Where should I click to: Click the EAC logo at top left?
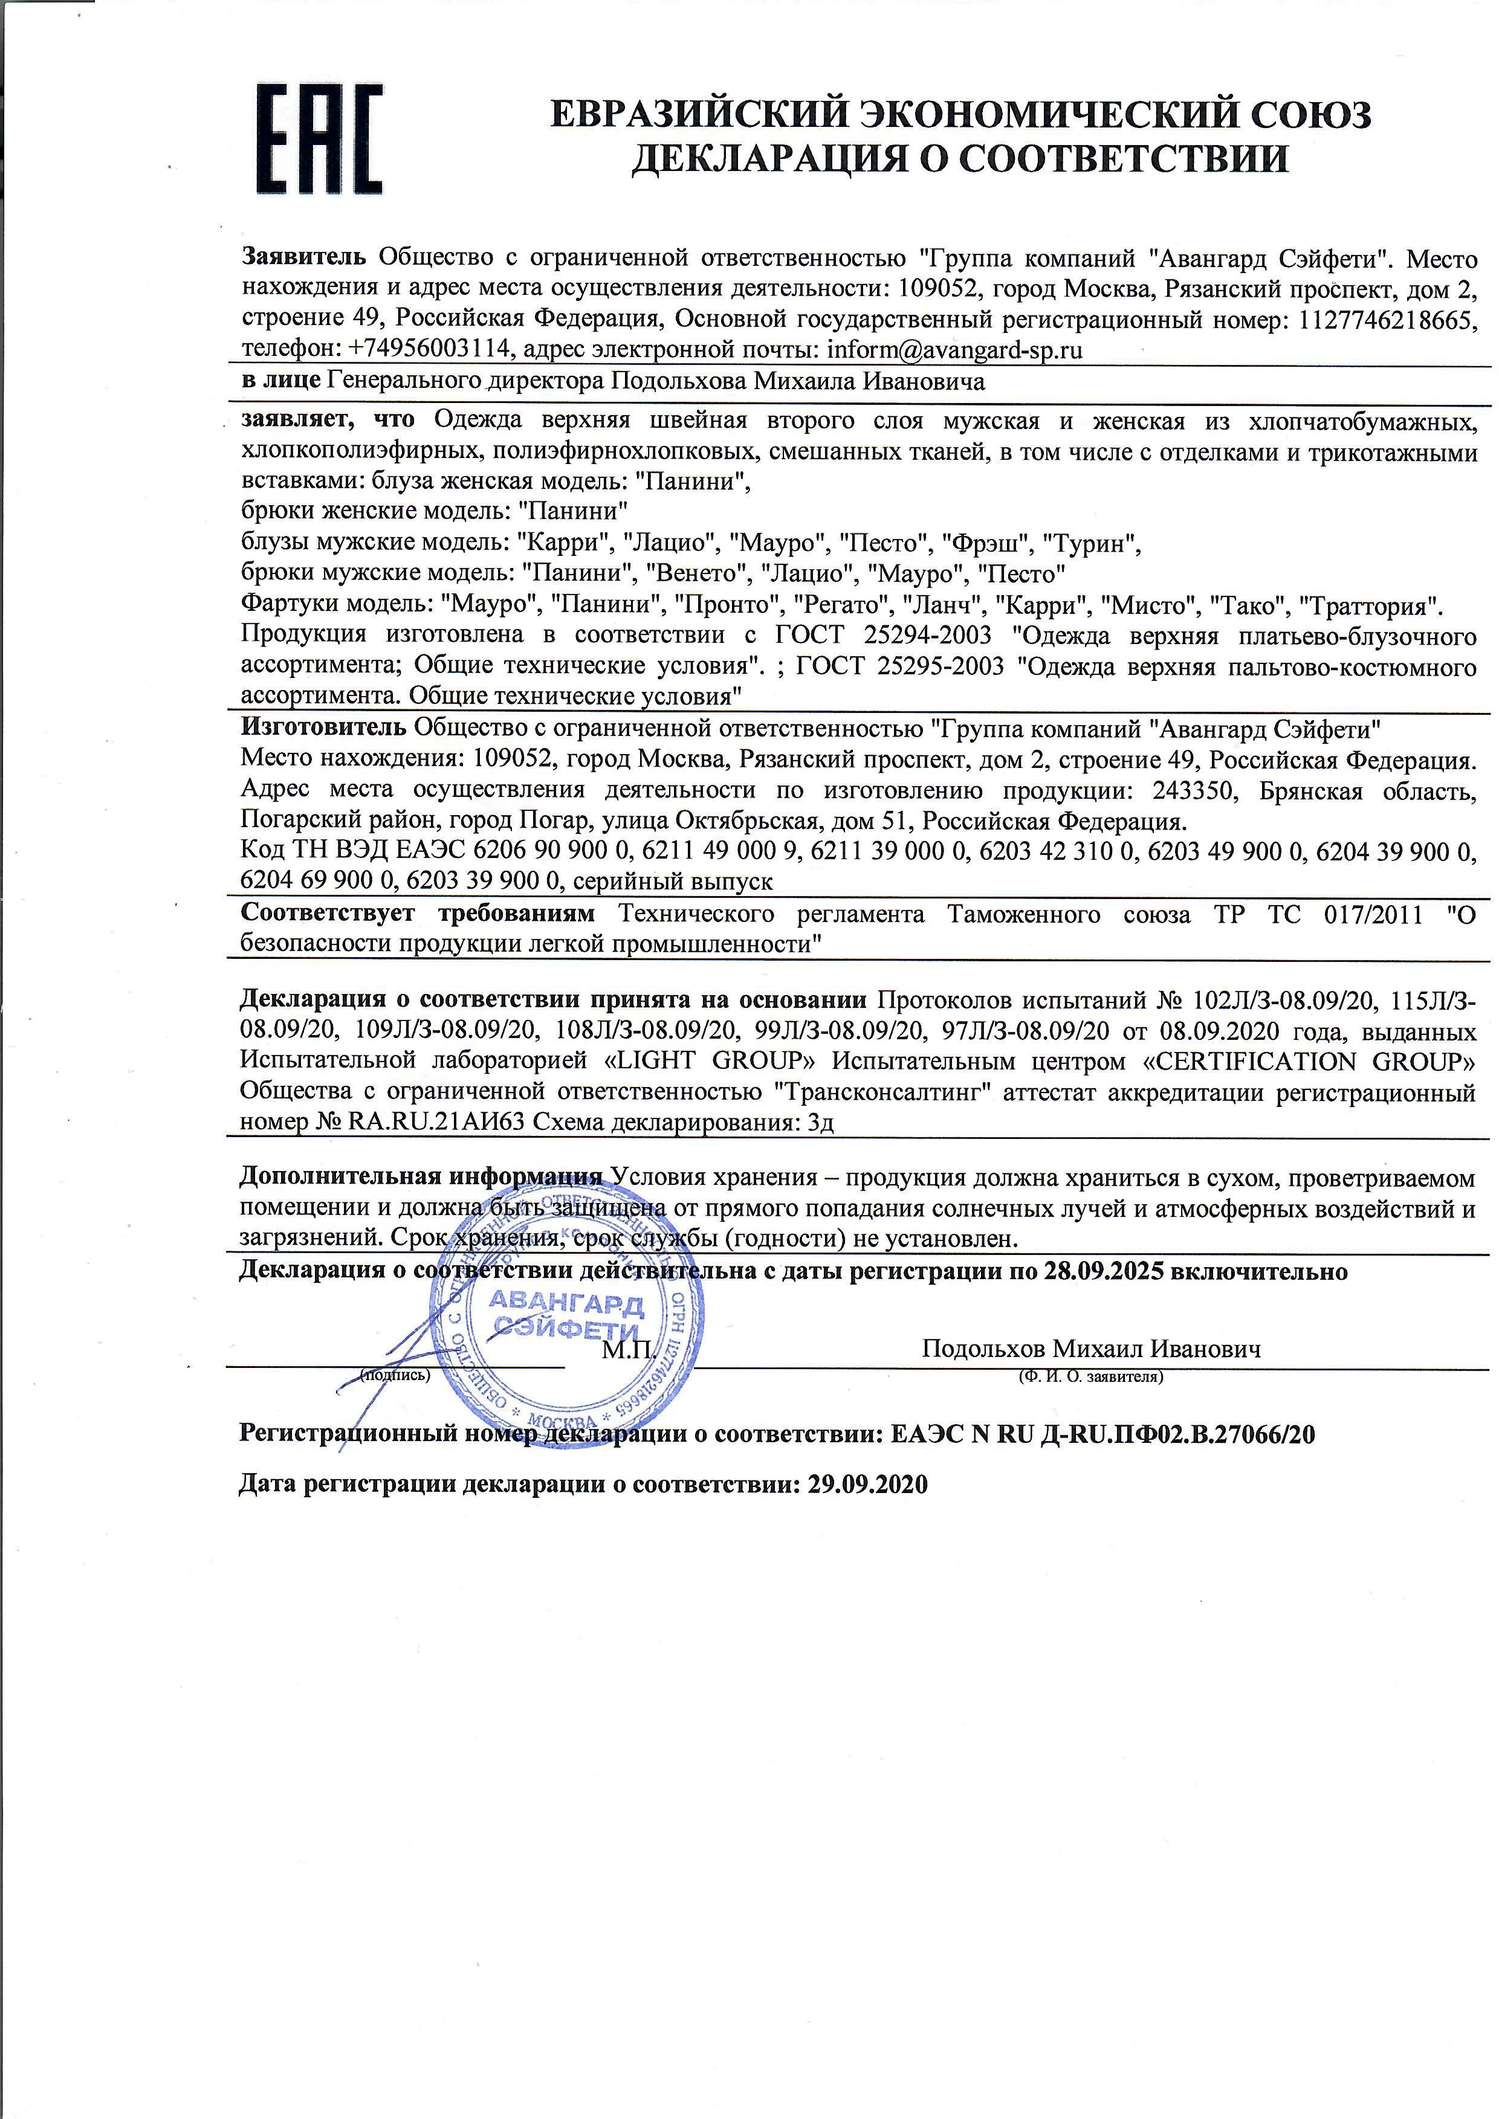click(319, 138)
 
